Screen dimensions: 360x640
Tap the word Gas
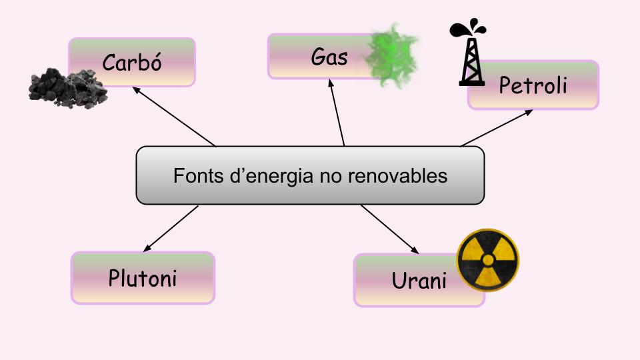coord(329,57)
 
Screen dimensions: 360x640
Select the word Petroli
coord(533,85)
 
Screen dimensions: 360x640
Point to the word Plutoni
coord(143,277)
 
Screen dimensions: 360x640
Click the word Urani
coord(419,281)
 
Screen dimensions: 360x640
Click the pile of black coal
coord(68,87)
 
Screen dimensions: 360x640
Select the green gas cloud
coord(393,55)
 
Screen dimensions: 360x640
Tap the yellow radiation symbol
coord(487,260)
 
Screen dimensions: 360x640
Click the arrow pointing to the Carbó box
coord(173,116)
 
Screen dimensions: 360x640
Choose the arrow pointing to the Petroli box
coord(497,127)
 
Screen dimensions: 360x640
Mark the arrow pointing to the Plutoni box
coord(171,228)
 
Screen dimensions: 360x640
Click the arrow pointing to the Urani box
coord(390,229)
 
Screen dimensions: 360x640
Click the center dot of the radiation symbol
coord(487,260)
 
